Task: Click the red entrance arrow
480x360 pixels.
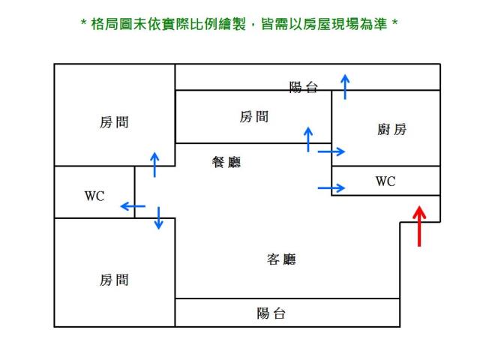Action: [420, 224]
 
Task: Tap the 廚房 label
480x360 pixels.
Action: [391, 130]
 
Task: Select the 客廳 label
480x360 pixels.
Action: [281, 259]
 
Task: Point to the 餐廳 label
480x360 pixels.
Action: [226, 162]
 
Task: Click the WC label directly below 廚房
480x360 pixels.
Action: [385, 181]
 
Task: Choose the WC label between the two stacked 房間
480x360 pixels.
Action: [94, 196]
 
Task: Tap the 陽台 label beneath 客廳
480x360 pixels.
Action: [271, 313]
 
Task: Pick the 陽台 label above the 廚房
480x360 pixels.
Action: [304, 88]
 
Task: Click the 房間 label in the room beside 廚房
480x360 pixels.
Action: [254, 116]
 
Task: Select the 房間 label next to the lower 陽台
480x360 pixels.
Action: [114, 280]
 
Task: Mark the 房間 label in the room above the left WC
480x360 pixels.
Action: [114, 122]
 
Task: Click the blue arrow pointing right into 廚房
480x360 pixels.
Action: [331, 151]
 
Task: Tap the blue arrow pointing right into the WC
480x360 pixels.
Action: [331, 187]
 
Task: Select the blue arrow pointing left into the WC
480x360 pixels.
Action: [133, 205]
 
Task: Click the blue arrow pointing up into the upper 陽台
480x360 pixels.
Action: [344, 87]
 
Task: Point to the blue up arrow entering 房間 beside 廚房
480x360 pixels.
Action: [307, 139]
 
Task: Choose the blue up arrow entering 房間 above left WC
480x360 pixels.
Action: [154, 164]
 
